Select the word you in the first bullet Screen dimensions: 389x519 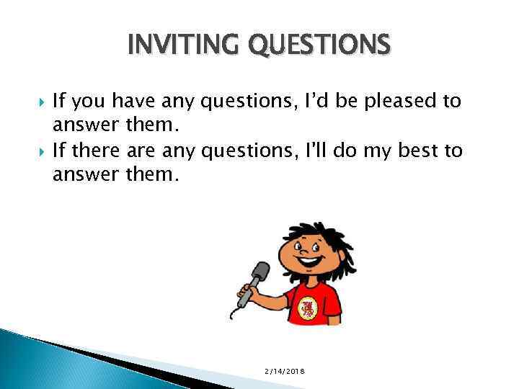94,102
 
